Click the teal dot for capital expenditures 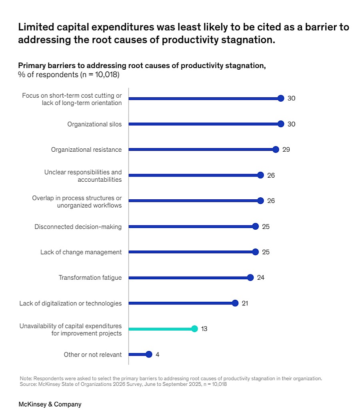click(194, 329)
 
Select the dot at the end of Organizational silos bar click(281, 124)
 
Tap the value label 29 click(286, 150)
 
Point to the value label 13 click(204, 329)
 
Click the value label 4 click(158, 355)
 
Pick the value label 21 click(245, 303)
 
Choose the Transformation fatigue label click(90, 278)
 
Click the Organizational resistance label click(86, 150)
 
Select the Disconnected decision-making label click(78, 227)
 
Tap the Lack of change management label click(81, 252)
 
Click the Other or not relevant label click(93, 355)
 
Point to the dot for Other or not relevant click(149, 355)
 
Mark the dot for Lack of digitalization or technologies click(235, 303)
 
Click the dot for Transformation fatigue click(250, 278)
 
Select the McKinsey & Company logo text click(50, 404)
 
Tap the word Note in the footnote click(25, 378)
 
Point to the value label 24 click(260, 278)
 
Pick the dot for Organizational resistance click(276, 150)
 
